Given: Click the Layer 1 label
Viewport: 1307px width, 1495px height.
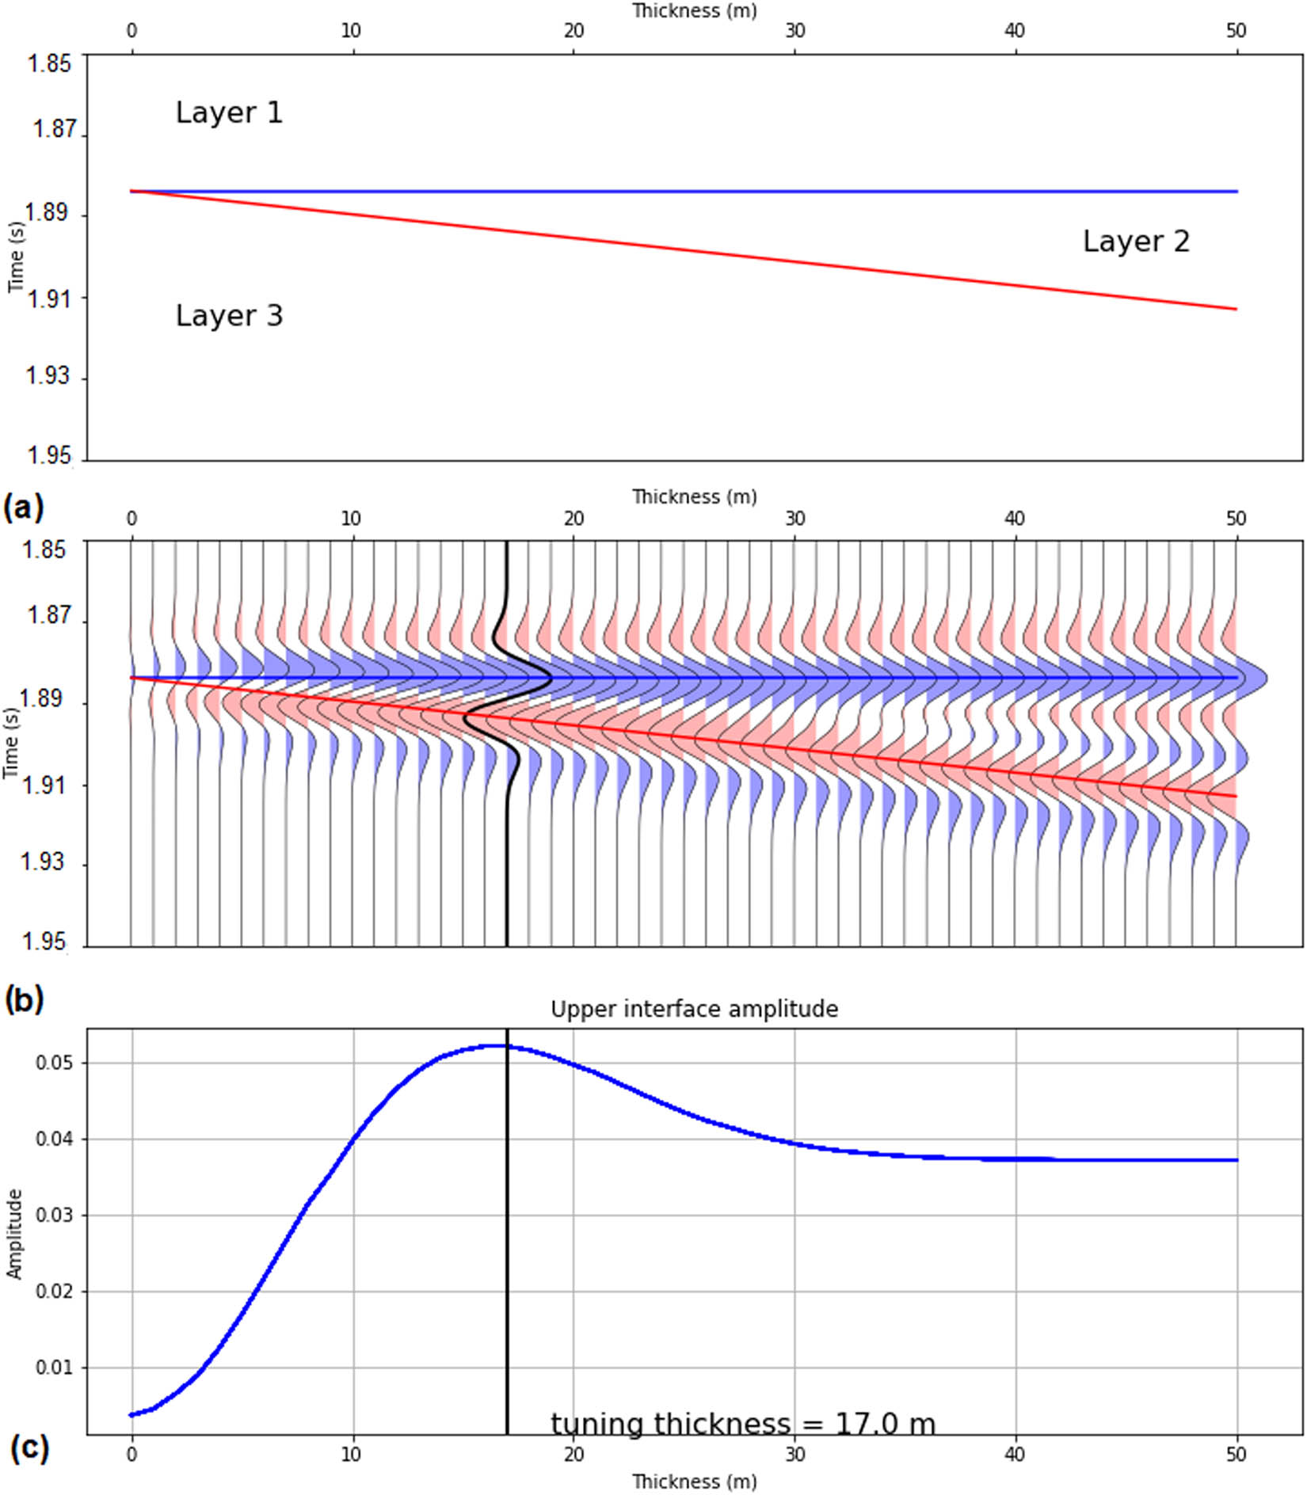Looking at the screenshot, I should coord(229,112).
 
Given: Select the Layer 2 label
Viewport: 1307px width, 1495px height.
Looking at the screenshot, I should coord(1136,242).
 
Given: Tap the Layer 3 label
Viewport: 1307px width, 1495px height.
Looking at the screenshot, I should coord(229,316).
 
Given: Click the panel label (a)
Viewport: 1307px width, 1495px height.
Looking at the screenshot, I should coord(24,507).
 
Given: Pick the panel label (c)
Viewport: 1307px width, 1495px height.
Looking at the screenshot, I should coord(29,1448).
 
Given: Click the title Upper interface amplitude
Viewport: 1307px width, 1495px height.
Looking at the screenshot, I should coord(694,1009).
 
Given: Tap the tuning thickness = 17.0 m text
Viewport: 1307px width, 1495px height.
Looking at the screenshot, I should coord(742,1425).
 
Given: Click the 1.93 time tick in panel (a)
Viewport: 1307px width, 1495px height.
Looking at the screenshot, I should coord(47,375).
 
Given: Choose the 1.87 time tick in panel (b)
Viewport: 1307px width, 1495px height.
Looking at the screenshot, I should coord(48,614).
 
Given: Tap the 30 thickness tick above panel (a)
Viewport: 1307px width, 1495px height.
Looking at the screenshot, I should coord(794,31).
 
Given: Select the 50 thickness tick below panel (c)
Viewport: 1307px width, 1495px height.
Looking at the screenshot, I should coord(1236,1454).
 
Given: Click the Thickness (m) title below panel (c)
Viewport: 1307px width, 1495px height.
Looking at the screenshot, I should coord(694,1481).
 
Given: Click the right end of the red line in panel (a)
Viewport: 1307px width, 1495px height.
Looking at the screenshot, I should coord(1236,309).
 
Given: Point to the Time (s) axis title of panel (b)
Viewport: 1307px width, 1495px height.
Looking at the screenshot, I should coord(11,743).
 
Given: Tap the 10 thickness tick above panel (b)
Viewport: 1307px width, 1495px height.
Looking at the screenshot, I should coord(351,519).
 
